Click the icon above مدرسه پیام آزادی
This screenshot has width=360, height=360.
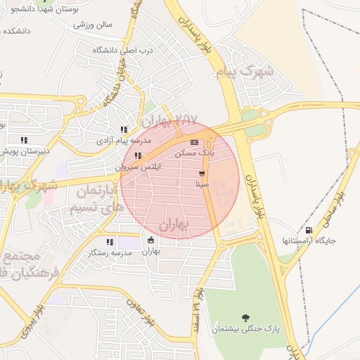click(x=124, y=129)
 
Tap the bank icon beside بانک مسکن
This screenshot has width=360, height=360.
click(x=194, y=143)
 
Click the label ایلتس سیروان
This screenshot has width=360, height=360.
click(x=139, y=168)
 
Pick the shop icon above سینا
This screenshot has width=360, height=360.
click(x=202, y=173)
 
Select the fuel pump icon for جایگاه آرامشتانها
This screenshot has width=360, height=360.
click(x=309, y=230)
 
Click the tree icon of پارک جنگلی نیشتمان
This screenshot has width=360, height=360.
click(x=245, y=318)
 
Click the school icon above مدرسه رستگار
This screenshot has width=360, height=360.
click(x=109, y=242)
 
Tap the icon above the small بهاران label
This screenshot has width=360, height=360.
click(x=151, y=240)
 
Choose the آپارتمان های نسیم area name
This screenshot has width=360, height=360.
click(x=90, y=200)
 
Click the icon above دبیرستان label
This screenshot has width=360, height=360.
click(x=25, y=139)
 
